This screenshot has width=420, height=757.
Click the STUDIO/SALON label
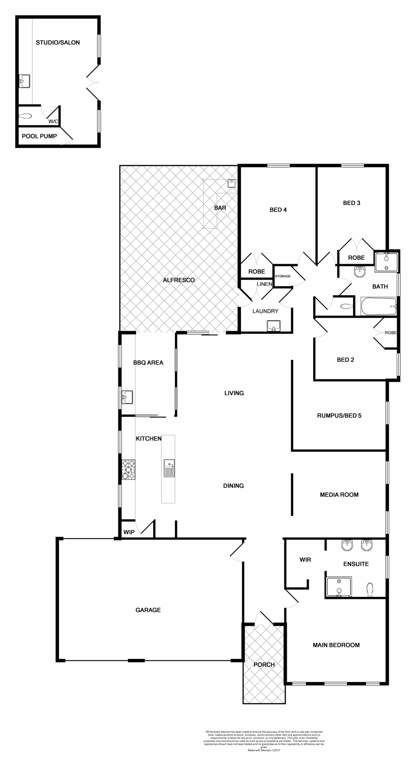58,43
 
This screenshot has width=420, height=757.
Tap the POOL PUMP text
39,136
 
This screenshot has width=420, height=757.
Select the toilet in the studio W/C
26,116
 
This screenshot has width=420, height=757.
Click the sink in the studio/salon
24,82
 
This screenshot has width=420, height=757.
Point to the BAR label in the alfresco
220,208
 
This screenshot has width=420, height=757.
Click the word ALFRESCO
179,280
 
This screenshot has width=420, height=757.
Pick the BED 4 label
278,210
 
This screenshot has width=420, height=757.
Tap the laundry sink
273,326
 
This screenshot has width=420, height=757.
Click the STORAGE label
282,276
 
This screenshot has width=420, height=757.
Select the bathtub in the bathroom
378,306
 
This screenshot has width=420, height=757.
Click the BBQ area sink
127,397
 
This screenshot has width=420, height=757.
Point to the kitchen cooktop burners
129,470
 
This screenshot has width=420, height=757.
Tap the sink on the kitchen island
169,468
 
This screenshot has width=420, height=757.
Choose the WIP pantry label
129,532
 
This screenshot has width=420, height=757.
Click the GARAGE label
148,610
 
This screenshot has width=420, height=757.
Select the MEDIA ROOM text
339,495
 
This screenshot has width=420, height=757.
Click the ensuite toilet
370,589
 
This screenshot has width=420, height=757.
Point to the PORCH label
264,665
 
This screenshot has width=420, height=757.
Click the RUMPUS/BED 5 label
339,416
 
